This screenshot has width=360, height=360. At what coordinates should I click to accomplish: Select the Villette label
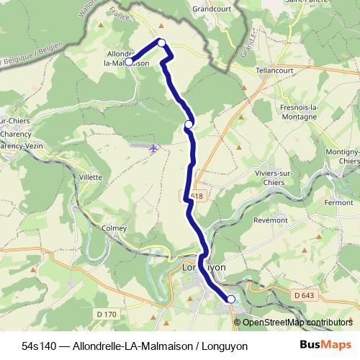click(x=91, y=176)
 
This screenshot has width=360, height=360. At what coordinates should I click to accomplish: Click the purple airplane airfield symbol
click(x=155, y=148)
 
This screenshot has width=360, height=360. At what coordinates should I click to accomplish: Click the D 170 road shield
click(x=105, y=313)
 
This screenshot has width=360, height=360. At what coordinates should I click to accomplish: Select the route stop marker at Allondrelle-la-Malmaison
click(x=129, y=62)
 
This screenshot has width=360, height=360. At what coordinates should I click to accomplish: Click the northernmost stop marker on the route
click(x=162, y=42)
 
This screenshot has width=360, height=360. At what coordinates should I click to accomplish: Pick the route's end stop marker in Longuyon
click(x=231, y=299)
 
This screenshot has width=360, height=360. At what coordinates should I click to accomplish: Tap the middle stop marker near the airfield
click(x=189, y=125)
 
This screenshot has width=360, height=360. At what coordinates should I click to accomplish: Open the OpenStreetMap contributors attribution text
click(x=297, y=322)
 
